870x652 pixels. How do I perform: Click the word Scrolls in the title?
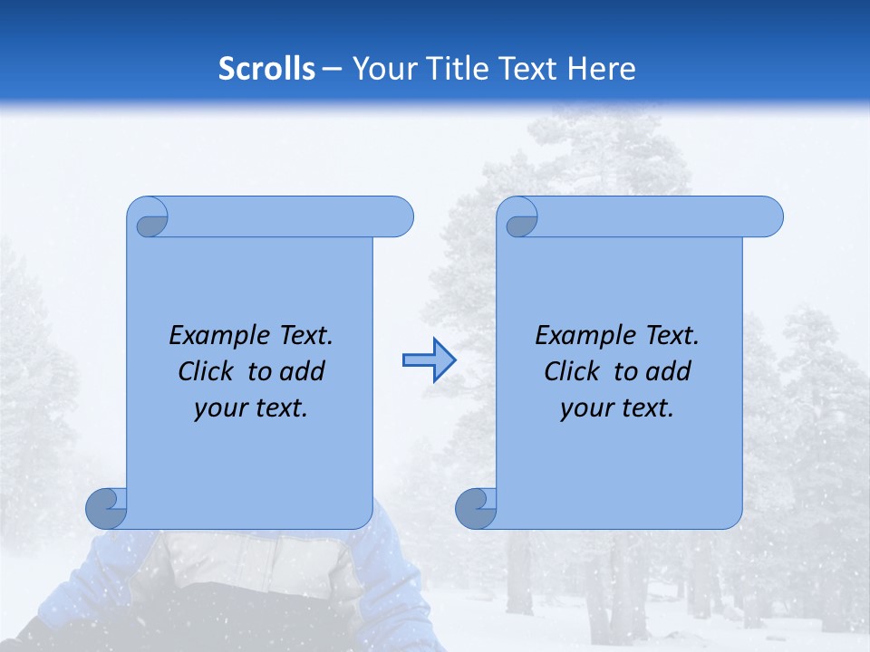pos(267,69)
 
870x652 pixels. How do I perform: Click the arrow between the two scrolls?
pos(429,360)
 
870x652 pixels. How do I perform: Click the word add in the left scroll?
pos(304,371)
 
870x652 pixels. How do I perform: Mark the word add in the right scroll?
pos(670,371)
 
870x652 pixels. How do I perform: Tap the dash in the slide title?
pos(333,69)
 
